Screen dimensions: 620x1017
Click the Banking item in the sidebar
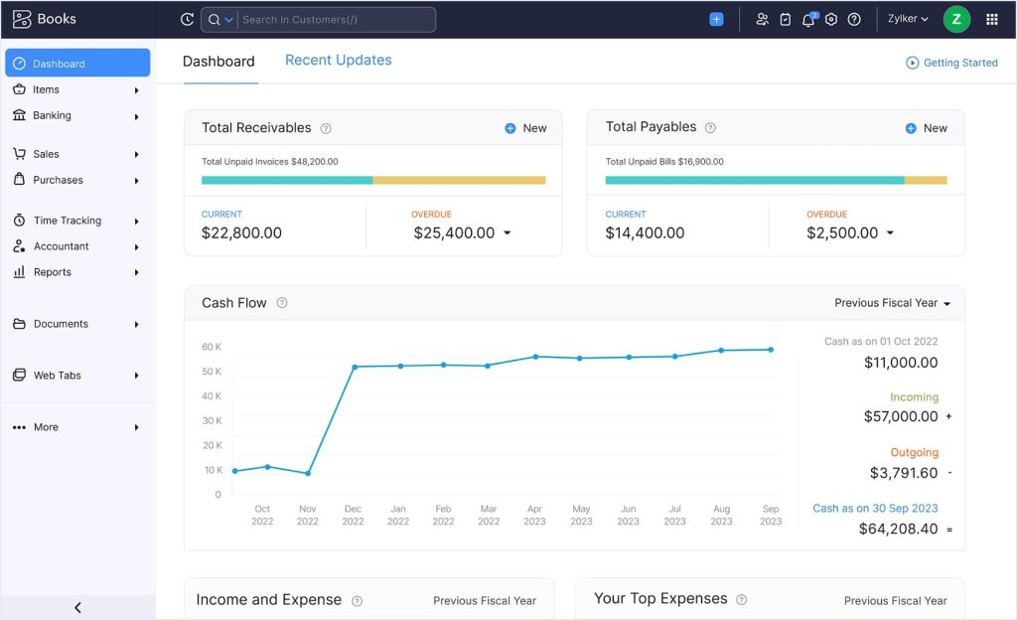[x=52, y=115]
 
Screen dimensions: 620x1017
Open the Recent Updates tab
[x=338, y=61]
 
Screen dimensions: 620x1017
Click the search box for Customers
[x=337, y=19]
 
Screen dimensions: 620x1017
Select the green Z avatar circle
[x=955, y=19]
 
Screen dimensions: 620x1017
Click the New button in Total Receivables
[x=525, y=128]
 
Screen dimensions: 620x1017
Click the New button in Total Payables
[x=927, y=128]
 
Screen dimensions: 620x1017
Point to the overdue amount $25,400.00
[x=454, y=232]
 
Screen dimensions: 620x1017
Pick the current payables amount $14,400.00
[x=645, y=232]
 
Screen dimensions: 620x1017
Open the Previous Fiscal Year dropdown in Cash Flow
[x=892, y=303]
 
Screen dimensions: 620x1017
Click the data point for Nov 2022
[x=308, y=473]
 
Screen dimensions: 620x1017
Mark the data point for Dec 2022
[x=355, y=367]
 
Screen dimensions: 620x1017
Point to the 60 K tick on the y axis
[x=211, y=347]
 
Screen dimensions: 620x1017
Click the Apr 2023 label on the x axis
[x=534, y=515]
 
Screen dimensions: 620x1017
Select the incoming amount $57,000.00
[x=900, y=416]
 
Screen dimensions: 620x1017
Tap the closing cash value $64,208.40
[x=898, y=529]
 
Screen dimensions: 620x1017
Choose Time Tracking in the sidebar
[x=67, y=221]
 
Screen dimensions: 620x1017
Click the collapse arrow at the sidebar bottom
[x=77, y=607]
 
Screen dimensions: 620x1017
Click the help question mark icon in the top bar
[x=854, y=19]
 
